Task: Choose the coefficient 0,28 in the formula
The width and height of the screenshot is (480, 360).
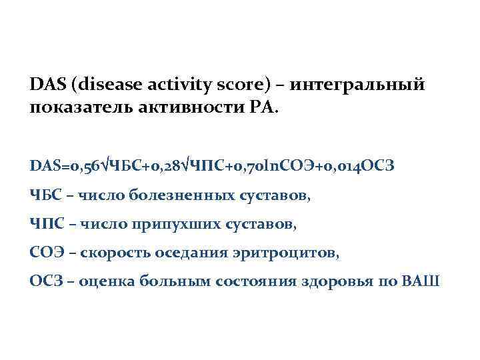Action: tap(165, 165)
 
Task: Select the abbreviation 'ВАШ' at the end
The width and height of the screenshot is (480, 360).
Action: tap(421, 281)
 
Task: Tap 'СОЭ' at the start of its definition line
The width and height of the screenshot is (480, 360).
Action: tap(45, 253)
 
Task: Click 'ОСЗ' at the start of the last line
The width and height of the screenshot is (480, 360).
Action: tap(45, 281)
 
